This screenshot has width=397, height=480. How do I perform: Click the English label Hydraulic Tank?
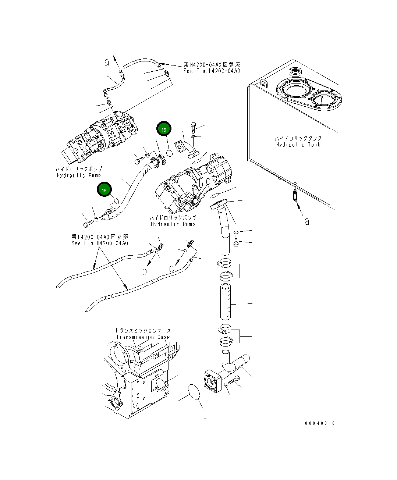point(298,145)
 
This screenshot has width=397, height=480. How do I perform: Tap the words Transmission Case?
point(143,337)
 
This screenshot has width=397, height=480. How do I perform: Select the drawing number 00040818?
point(320,423)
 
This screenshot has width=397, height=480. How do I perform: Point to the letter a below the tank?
point(306,221)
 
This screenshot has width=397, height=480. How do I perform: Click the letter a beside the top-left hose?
point(107,63)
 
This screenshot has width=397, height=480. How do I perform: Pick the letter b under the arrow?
point(145,271)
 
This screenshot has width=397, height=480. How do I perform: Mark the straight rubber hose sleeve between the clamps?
point(225,302)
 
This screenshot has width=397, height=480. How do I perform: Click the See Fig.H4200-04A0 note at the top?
point(212,71)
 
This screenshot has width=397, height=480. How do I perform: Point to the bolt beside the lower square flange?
point(234,381)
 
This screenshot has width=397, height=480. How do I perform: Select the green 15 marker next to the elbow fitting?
point(164,129)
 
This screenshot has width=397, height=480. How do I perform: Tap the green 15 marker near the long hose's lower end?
point(104,190)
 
